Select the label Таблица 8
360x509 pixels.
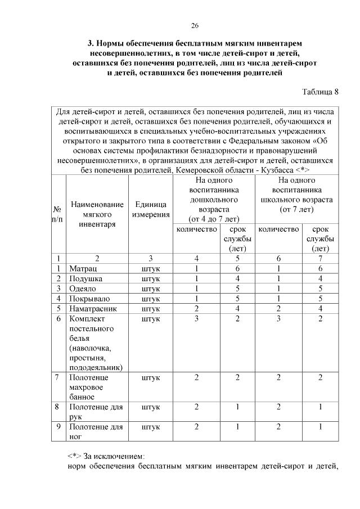tap(321, 92)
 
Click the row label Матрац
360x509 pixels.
tap(82, 268)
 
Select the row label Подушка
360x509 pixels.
tap(85, 278)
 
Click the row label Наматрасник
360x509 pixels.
tap(93, 308)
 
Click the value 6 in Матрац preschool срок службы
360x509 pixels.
tap(237, 268)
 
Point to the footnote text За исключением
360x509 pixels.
tap(111, 455)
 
